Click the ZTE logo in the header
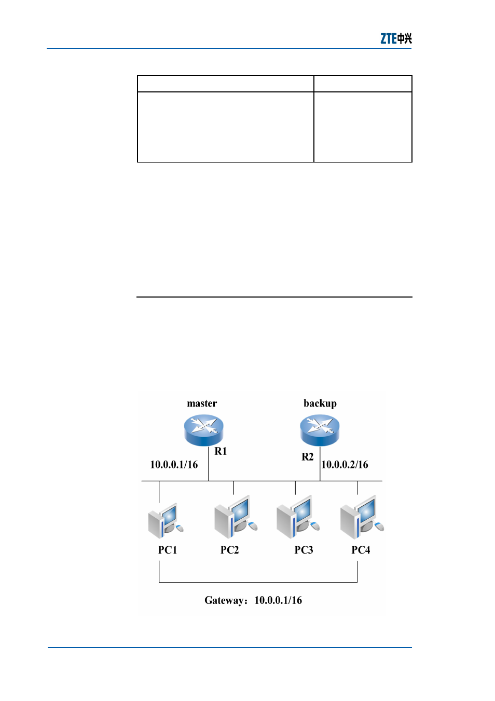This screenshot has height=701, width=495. pos(396,38)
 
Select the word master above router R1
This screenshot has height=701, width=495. pos(202,403)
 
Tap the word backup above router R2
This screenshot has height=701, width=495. pos(320,403)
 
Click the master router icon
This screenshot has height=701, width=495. pos(203,430)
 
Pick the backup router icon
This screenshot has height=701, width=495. pos(320,430)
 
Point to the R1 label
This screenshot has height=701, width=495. pos(221,451)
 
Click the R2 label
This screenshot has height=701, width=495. pos(307,457)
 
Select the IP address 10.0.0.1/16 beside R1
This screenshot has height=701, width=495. pos(174,465)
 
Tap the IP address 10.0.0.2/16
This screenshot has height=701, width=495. pos(345,465)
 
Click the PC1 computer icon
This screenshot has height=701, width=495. pos(166,520)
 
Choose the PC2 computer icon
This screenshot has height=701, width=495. pos(236,517)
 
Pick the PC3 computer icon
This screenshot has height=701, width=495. pos(298,517)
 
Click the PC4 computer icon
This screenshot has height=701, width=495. pos(362,517)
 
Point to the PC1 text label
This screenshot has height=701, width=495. pos(167,550)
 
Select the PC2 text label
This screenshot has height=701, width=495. pos(229,550)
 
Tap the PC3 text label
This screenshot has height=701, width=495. pos(304,550)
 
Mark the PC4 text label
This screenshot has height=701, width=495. pos(361,550)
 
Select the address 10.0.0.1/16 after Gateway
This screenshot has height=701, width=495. pos(278,600)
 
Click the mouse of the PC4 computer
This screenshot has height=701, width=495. pos(379,527)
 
